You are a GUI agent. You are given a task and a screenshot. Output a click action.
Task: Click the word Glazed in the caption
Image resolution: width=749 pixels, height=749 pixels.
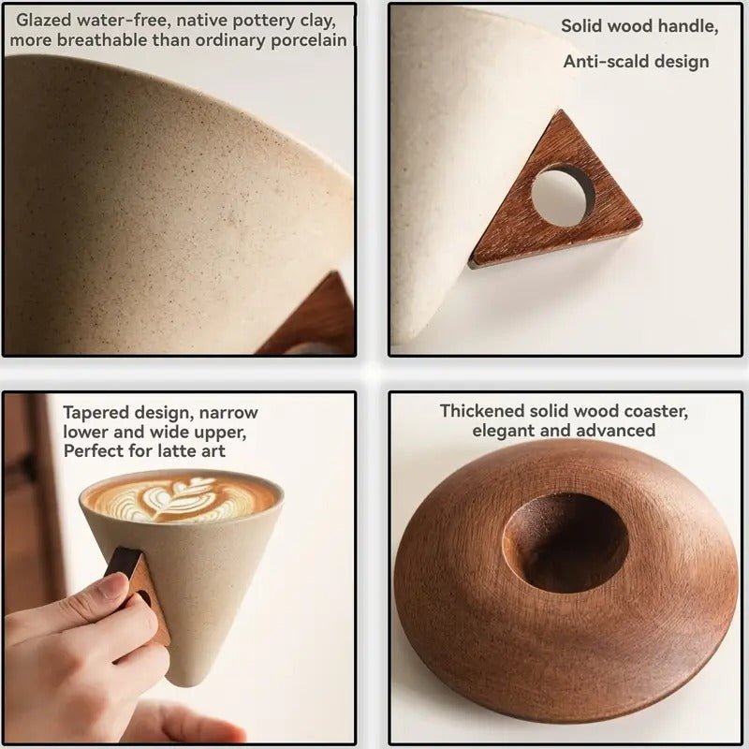[x=44, y=20]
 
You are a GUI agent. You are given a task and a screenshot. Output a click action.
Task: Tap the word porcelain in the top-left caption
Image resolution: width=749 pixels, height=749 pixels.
[x=309, y=40]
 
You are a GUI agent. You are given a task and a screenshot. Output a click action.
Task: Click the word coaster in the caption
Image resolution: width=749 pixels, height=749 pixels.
[x=656, y=411]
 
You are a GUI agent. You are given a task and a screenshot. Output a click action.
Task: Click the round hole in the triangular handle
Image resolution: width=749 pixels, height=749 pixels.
[x=563, y=196]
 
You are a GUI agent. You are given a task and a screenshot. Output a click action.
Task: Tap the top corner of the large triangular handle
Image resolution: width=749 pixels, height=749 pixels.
[x=560, y=110]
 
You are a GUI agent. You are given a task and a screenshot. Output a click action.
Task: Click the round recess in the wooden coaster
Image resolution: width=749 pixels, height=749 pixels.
[x=565, y=542]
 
